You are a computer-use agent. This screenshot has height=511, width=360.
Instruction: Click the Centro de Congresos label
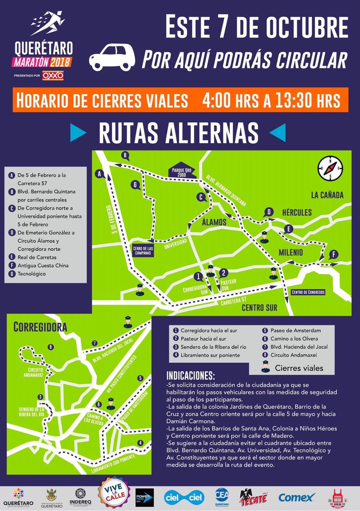[308, 293]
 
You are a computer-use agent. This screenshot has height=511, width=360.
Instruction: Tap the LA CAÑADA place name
[327, 195]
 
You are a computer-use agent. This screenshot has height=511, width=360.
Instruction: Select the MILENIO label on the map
[291, 253]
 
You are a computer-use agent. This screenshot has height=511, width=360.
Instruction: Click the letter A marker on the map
[101, 174]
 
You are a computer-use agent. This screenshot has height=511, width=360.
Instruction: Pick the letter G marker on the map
[135, 185]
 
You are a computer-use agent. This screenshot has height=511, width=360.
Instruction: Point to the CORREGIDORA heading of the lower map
[40, 327]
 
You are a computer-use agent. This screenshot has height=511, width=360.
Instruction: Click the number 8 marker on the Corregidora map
[51, 347]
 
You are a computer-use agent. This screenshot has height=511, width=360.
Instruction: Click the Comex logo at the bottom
[297, 497]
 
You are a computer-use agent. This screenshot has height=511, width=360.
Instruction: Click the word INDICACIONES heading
[190, 377]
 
